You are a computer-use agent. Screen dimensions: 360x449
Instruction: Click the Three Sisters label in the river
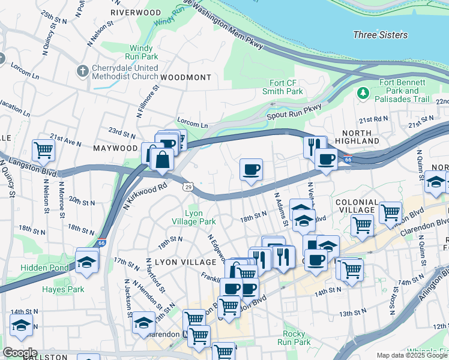click(x=381, y=35)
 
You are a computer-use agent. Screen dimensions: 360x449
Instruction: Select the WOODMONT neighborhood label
click(x=185, y=77)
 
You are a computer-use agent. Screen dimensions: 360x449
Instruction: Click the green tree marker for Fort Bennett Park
click(x=363, y=93)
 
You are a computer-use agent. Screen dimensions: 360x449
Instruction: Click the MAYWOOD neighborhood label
click(x=115, y=147)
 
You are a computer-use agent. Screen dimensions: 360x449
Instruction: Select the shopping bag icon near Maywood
click(x=163, y=160)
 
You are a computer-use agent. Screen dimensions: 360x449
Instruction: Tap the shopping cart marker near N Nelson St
click(x=43, y=150)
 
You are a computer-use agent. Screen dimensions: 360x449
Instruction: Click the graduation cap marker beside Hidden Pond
click(x=87, y=263)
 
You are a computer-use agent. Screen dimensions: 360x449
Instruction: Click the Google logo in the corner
click(x=19, y=352)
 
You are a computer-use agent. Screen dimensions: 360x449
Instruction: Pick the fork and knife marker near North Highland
click(x=314, y=146)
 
